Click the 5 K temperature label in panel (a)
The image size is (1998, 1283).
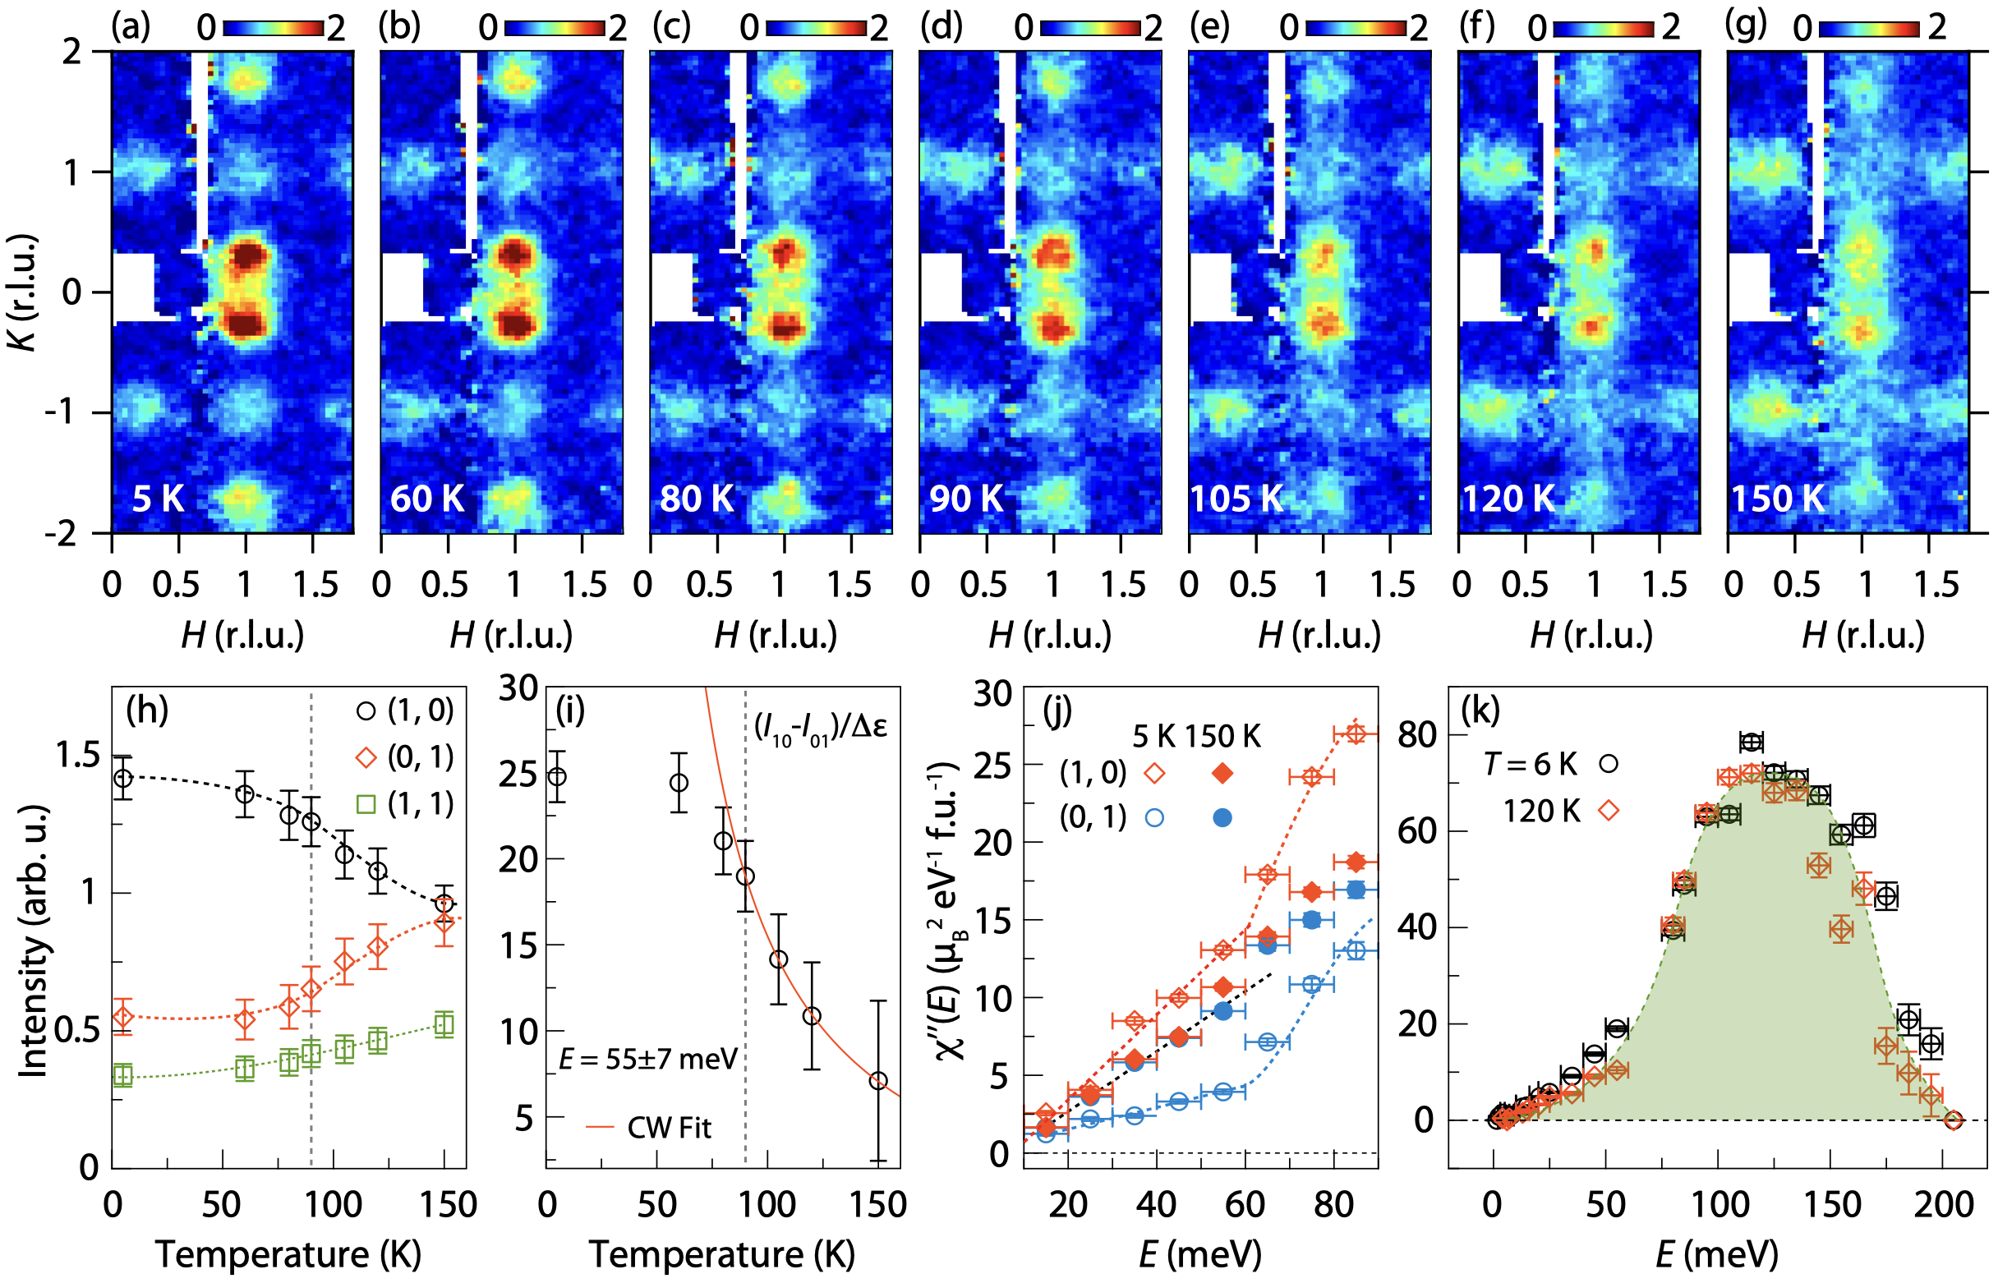click(158, 499)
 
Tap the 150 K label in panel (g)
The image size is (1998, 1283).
click(1778, 499)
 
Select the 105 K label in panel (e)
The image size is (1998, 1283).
click(1236, 499)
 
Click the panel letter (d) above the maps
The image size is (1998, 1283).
click(941, 26)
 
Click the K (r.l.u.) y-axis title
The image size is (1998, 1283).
click(25, 292)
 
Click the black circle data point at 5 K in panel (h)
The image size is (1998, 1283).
click(123, 778)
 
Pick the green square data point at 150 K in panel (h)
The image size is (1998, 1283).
click(444, 1024)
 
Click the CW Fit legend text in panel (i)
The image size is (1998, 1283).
click(669, 1128)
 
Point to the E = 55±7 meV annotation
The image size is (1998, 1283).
click(648, 1059)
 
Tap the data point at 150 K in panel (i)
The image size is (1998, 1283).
click(877, 1082)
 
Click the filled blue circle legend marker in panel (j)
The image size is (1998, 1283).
click(1222, 818)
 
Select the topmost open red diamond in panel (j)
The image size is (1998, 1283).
click(1356, 734)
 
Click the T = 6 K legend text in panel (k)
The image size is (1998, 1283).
click(1531, 764)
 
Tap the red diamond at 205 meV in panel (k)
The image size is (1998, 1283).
click(1953, 1120)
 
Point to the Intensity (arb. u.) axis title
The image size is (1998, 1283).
click(34, 941)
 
